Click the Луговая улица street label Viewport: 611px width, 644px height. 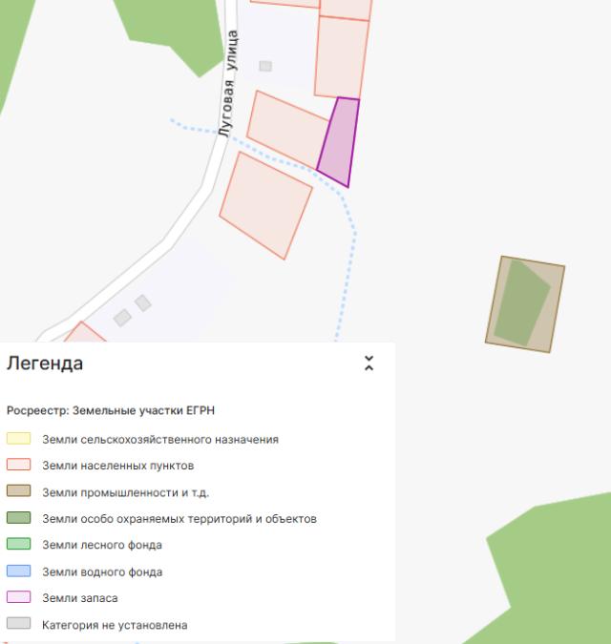227,84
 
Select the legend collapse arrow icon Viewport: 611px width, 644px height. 369,364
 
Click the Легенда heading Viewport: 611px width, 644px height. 45,364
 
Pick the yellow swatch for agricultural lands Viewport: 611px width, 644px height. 19,440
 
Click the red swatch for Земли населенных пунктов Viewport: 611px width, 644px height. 19,466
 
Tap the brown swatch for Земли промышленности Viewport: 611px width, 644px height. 19,492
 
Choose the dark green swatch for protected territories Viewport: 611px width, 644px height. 19,519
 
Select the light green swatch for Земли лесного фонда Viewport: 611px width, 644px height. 19,545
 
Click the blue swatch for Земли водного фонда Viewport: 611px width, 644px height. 19,571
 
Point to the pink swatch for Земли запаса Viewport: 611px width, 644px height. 19,598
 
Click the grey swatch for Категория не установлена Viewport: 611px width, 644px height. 19,625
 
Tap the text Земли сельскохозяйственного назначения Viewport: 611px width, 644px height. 160,440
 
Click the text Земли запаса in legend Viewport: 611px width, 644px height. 80,598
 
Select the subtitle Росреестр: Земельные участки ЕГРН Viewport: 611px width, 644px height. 111,410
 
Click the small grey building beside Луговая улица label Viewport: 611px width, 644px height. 265,66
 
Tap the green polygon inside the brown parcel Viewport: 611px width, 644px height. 520,303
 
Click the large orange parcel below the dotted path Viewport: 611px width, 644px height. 265,204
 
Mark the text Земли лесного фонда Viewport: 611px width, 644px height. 102,545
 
